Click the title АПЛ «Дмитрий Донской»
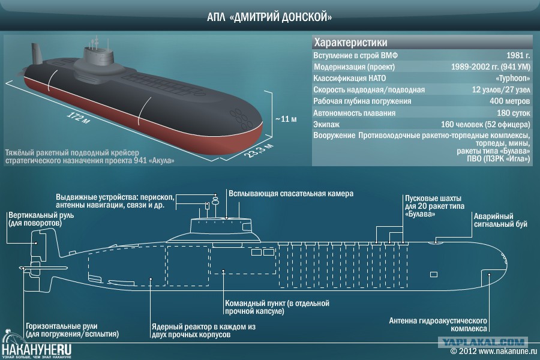tap(269, 17)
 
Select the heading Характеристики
tap(350, 43)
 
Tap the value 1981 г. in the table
tap(518, 55)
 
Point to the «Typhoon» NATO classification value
tap(513, 78)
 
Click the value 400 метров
tap(509, 101)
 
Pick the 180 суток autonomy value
tap(513, 113)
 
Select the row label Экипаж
tap(326, 124)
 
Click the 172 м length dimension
tap(78, 118)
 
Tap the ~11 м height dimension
tap(286, 119)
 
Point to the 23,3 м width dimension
tap(259, 150)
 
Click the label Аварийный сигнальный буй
tap(500, 220)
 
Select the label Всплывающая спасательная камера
tap(291, 194)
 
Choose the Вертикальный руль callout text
tap(41, 219)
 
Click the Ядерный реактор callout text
tap(203, 331)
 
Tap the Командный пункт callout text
tap(277, 307)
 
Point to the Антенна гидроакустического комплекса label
tap(438, 325)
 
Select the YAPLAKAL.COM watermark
tap(483, 342)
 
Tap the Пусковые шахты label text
tap(434, 206)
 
